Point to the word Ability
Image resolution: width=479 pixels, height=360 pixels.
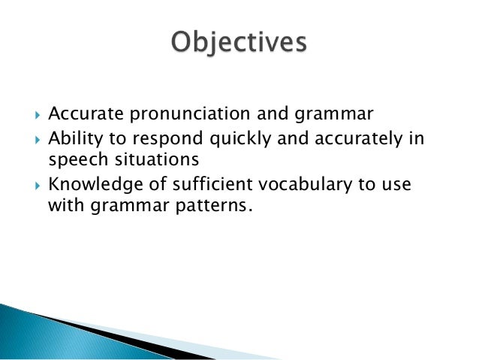tap(71, 138)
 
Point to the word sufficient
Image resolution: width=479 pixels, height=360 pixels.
tap(188, 183)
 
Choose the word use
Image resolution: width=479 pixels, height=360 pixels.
tap(397, 184)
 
